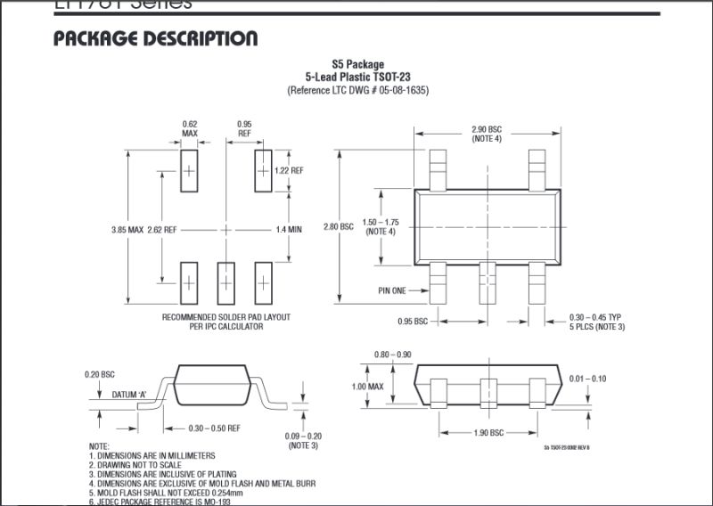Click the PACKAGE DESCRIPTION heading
point(155,38)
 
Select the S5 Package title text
point(357,64)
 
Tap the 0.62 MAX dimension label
point(189,128)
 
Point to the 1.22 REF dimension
point(291,170)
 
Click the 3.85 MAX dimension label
point(127,230)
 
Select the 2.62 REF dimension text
point(162,230)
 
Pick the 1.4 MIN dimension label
point(289,230)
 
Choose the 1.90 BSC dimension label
point(487,432)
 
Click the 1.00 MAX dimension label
point(367,387)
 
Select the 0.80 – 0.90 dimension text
point(393,355)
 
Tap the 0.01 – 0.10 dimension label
point(586,379)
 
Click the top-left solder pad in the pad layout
point(189,170)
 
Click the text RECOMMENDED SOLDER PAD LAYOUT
point(226,317)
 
